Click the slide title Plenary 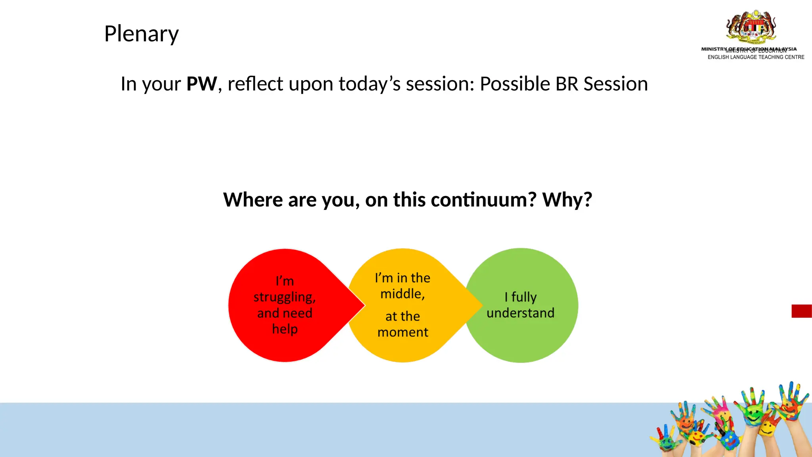coord(141,34)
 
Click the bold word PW coord(201,84)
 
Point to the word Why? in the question coord(567,200)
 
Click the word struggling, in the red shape coord(284,298)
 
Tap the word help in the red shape coord(285,329)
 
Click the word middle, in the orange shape coord(402,294)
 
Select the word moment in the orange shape coord(402,332)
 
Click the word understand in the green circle coord(520,313)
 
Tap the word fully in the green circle coord(524,297)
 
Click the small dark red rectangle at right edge coord(801,311)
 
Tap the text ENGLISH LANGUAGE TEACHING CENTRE coord(756,57)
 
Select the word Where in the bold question coord(253,200)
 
